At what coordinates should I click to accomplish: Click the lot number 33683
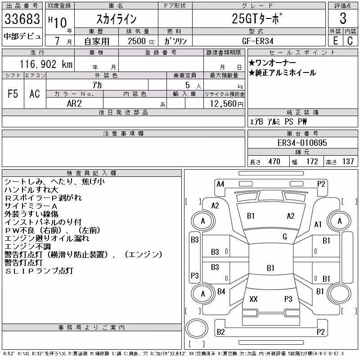pyautogui.click(x=22, y=19)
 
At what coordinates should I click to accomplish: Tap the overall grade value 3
pyautogui.click(x=343, y=18)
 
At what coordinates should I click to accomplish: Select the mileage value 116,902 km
pyautogui.click(x=46, y=64)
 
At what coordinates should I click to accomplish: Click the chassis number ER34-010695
pyautogui.click(x=302, y=143)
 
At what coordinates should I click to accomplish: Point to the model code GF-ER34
pyautogui.click(x=257, y=41)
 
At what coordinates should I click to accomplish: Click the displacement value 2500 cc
pyautogui.click(x=141, y=41)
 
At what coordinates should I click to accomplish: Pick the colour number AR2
pyautogui.click(x=74, y=103)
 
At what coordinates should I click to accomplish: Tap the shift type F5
pyautogui.click(x=13, y=94)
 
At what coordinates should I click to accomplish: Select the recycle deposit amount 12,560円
pyautogui.click(x=226, y=104)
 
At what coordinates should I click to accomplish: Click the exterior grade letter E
pyautogui.click(x=335, y=41)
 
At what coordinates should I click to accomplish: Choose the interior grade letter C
pyautogui.click(x=350, y=41)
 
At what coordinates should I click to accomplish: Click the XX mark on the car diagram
pyautogui.click(x=253, y=299)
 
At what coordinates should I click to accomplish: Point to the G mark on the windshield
pyautogui.click(x=285, y=237)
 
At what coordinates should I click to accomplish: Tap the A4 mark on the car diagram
pyautogui.click(x=220, y=184)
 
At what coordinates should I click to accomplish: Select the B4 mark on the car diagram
pyautogui.click(x=221, y=292)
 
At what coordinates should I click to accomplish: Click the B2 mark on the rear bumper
pyautogui.click(x=221, y=332)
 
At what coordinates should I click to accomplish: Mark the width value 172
pyautogui.click(x=312, y=162)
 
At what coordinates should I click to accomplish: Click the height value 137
pyautogui.click(x=348, y=162)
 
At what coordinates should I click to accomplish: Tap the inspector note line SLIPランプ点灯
pyautogui.click(x=39, y=271)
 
